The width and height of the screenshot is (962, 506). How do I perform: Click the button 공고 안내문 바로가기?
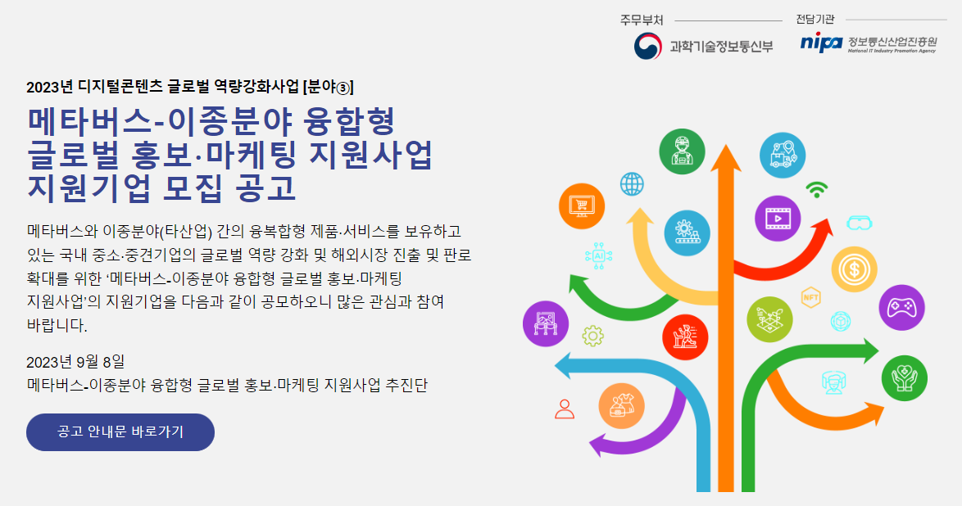click(x=120, y=432)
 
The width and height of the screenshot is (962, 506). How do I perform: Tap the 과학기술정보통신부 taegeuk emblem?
click(x=648, y=45)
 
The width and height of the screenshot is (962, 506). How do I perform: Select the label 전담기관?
click(x=815, y=20)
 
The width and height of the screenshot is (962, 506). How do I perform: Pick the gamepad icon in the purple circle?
click(x=901, y=308)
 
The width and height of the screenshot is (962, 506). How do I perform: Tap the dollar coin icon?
click(x=854, y=269)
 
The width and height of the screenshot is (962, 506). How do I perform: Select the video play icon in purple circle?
click(x=777, y=219)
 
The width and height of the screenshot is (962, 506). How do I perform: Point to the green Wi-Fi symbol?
click(x=816, y=190)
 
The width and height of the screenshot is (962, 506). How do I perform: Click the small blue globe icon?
click(x=632, y=183)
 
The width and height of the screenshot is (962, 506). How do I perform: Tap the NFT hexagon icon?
click(x=811, y=296)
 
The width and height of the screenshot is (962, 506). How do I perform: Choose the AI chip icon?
click(x=598, y=255)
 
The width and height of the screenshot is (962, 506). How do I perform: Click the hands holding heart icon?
click(x=905, y=377)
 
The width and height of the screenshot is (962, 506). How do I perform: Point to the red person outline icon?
click(x=565, y=409)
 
